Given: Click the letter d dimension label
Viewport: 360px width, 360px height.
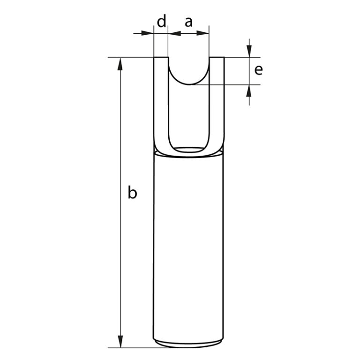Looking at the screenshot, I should [161, 22].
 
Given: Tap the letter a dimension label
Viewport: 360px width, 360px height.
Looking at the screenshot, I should [188, 22].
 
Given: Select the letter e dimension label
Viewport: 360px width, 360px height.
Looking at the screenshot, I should [258, 70].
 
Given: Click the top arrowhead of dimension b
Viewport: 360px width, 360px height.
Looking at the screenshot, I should [121, 64].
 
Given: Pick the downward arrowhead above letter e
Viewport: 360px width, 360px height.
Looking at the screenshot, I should [249, 52].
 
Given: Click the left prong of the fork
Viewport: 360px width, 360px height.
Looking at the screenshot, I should [161, 103].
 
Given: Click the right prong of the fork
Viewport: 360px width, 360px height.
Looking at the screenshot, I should [216, 103].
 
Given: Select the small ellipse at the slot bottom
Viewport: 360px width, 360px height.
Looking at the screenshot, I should [188, 150].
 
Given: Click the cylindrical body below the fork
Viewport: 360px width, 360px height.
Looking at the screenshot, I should [188, 244].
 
